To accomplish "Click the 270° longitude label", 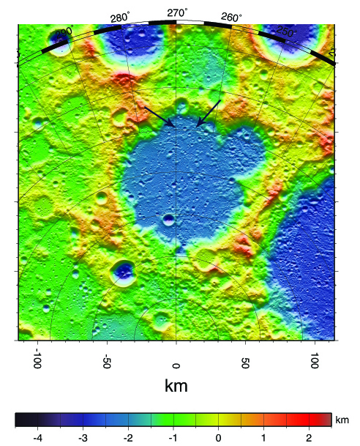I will tap(176, 12).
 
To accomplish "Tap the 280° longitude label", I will tap(120, 17).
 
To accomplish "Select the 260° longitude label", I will tap(231, 17).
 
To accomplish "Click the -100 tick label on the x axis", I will tap(37, 362).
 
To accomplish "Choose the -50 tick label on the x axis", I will tap(106, 363).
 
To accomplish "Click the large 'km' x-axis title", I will tap(176, 386).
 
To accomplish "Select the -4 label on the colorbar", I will tap(37, 437).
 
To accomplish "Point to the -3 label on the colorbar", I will tap(83, 437).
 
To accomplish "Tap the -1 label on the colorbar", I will tap(173, 437).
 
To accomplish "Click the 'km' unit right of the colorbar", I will tap(342, 421).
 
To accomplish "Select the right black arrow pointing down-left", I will tap(209, 114).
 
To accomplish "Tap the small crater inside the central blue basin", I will tap(169, 219).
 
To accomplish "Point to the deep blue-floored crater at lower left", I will tap(122, 273).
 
